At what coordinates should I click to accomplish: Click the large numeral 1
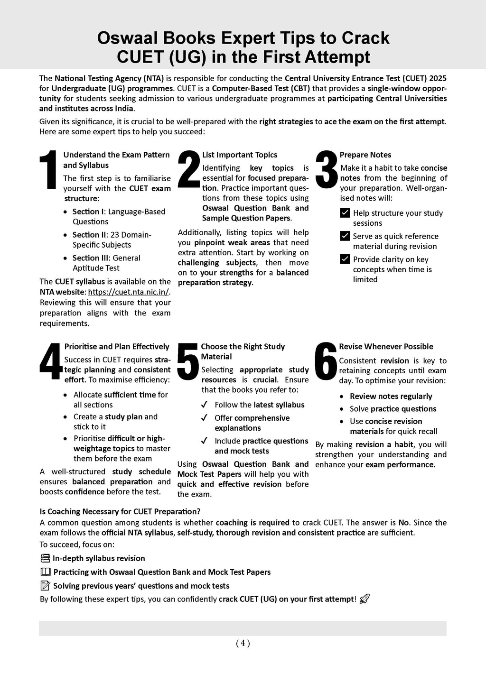[x=49, y=170]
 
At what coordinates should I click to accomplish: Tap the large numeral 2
[x=188, y=169]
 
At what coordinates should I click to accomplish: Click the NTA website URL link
[x=129, y=292]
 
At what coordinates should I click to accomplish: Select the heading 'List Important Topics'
[x=240, y=155]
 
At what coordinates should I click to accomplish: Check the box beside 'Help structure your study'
[x=345, y=213]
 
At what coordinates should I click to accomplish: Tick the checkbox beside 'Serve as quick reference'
[x=345, y=236]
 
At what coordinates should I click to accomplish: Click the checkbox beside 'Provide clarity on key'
[x=345, y=259]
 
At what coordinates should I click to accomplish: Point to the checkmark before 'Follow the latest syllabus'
[x=204, y=405]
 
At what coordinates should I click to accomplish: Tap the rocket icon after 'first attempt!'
[x=364, y=599]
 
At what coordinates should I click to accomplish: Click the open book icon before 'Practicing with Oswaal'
[x=46, y=572]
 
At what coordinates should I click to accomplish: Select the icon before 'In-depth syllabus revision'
[x=46, y=558]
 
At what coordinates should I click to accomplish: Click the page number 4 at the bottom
[x=243, y=643]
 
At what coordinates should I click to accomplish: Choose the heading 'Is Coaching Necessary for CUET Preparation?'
[x=120, y=511]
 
